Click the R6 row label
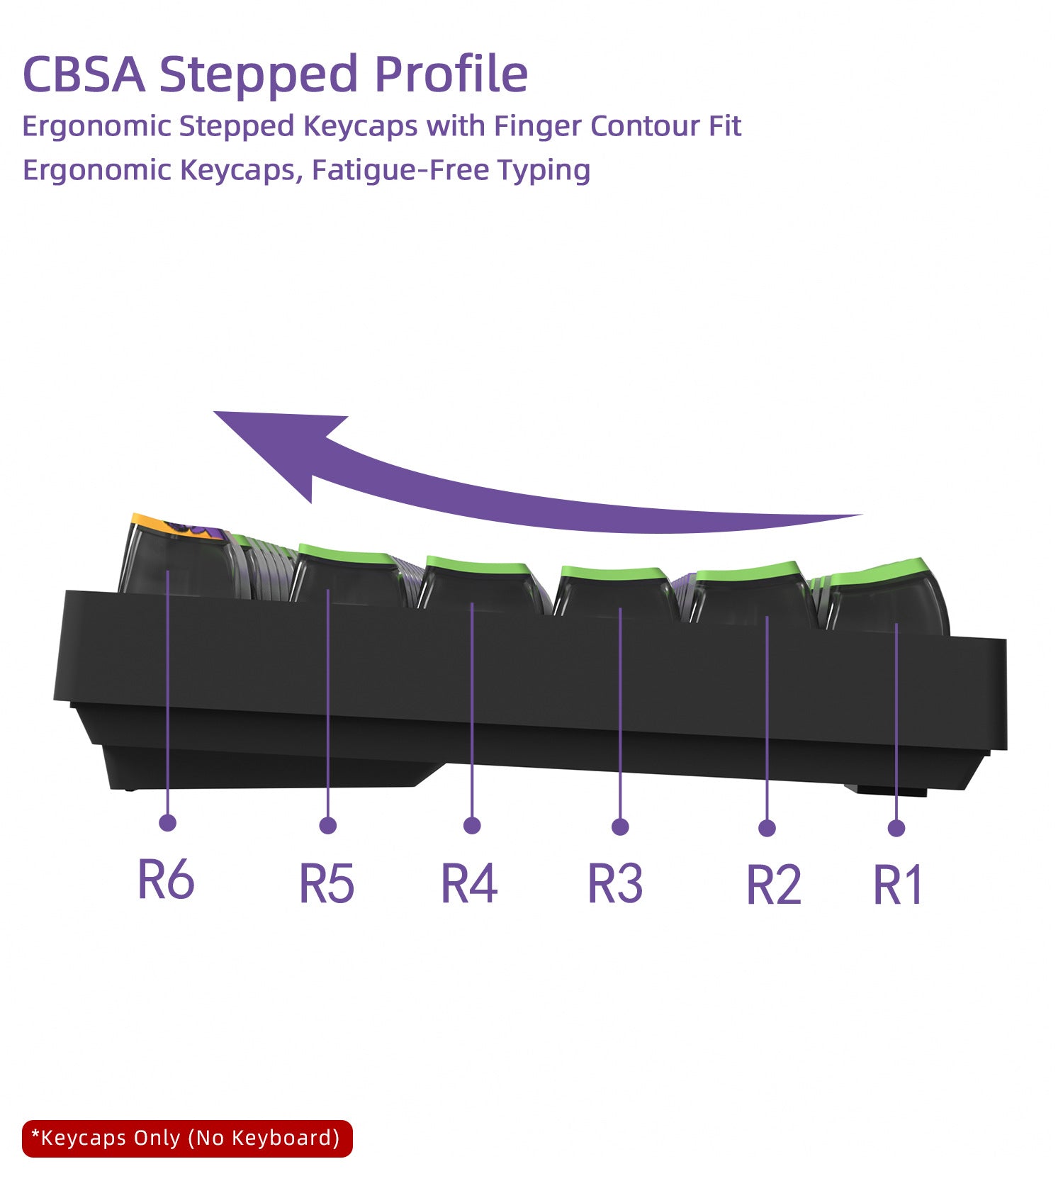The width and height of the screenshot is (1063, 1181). (166, 880)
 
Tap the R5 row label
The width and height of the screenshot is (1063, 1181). (327, 883)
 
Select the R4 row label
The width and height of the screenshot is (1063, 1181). (469, 883)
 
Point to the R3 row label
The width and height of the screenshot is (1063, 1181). (616, 883)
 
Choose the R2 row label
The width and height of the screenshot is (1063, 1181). (774, 885)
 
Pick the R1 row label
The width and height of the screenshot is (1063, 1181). (898, 885)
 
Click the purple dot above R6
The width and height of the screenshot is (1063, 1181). (167, 822)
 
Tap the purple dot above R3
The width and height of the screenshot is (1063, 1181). (620, 827)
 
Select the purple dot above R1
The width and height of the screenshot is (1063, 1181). (896, 828)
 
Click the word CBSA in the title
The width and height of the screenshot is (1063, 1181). (84, 74)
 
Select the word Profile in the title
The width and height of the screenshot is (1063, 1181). (451, 74)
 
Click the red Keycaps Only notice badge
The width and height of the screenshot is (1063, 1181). (187, 1138)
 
